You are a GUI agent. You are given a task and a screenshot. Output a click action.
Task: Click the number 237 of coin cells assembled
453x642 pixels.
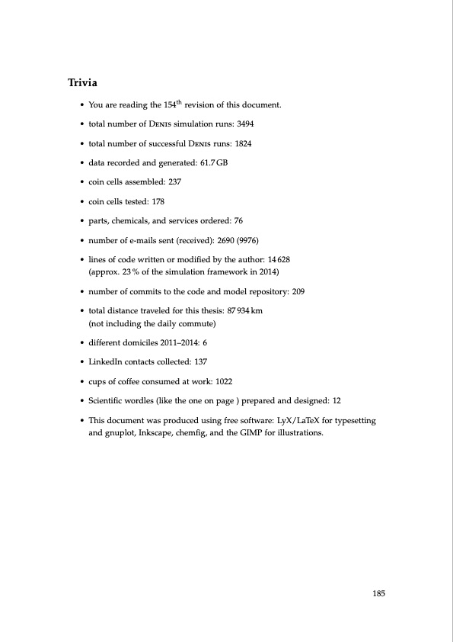[x=174, y=182]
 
